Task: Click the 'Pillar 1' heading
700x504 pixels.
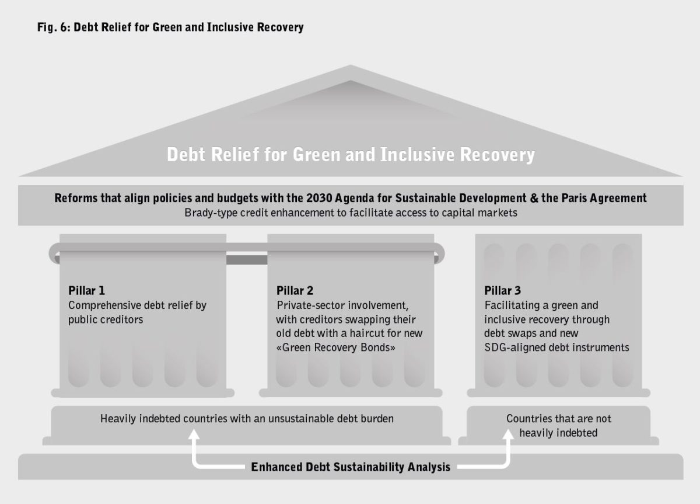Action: click(86, 290)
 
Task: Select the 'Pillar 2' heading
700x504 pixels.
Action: click(295, 290)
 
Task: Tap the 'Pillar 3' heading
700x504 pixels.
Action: click(502, 290)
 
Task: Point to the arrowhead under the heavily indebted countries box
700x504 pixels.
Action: click(194, 436)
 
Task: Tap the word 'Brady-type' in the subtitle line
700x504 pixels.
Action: click(209, 213)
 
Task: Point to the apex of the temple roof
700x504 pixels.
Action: click(350, 66)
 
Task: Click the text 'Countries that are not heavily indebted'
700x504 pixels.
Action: click(558, 426)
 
